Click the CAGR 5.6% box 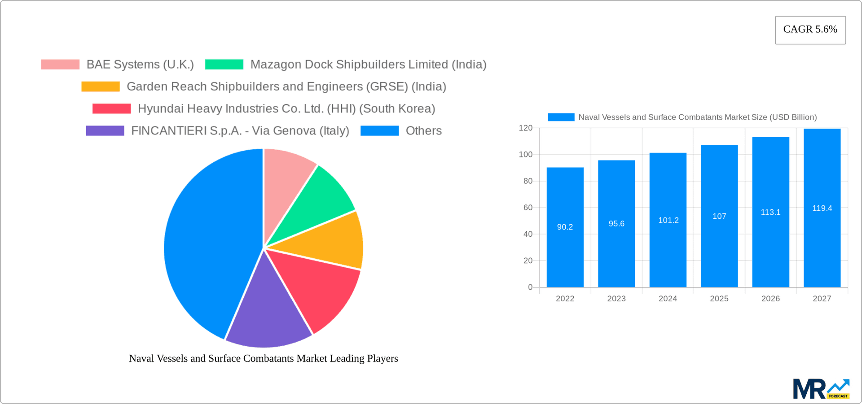click(x=810, y=30)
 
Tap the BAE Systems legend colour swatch click(x=60, y=65)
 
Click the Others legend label click(x=423, y=131)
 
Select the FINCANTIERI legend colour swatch click(x=105, y=131)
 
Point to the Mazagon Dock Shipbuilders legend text click(x=368, y=65)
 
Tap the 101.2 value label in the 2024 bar click(x=668, y=221)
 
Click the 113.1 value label click(x=770, y=213)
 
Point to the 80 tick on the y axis click(x=528, y=181)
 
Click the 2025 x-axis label click(x=719, y=299)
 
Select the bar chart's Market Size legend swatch click(x=561, y=117)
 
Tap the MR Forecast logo click(x=821, y=389)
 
